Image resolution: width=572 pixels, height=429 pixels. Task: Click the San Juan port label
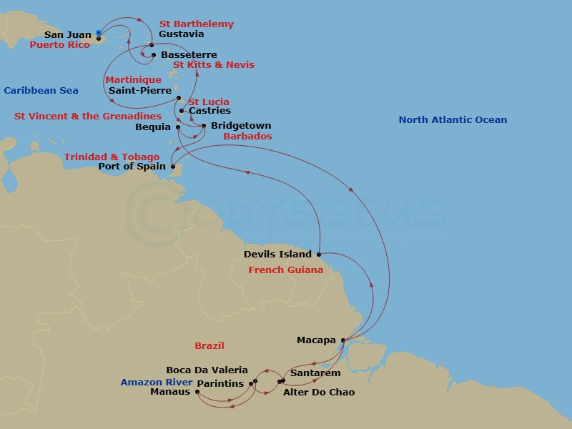[68, 34]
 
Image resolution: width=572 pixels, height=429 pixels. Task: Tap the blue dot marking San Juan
[99, 33]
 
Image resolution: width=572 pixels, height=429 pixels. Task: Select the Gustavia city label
[181, 34]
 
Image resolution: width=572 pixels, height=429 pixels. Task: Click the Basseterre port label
[189, 55]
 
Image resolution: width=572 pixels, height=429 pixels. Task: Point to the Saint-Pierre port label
[139, 91]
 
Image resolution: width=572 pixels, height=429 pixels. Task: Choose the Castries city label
[209, 111]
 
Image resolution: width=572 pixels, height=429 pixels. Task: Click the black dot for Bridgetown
[204, 127]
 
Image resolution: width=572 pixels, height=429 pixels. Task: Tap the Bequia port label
[152, 127]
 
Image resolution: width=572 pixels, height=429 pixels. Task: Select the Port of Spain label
[132, 167]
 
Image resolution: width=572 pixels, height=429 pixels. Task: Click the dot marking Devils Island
[318, 254]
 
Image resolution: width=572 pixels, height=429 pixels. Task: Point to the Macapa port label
[316, 340]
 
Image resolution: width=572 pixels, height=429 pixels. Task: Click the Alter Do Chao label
[319, 393]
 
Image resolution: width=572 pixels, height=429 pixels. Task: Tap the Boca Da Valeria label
[207, 370]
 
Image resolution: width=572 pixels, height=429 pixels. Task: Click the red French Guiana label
[281, 270]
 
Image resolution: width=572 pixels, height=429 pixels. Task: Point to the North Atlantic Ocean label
[453, 120]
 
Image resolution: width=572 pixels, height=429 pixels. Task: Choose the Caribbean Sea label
[41, 91]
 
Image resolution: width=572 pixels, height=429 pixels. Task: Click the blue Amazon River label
[156, 383]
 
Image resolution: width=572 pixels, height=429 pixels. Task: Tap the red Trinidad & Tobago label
[112, 157]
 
